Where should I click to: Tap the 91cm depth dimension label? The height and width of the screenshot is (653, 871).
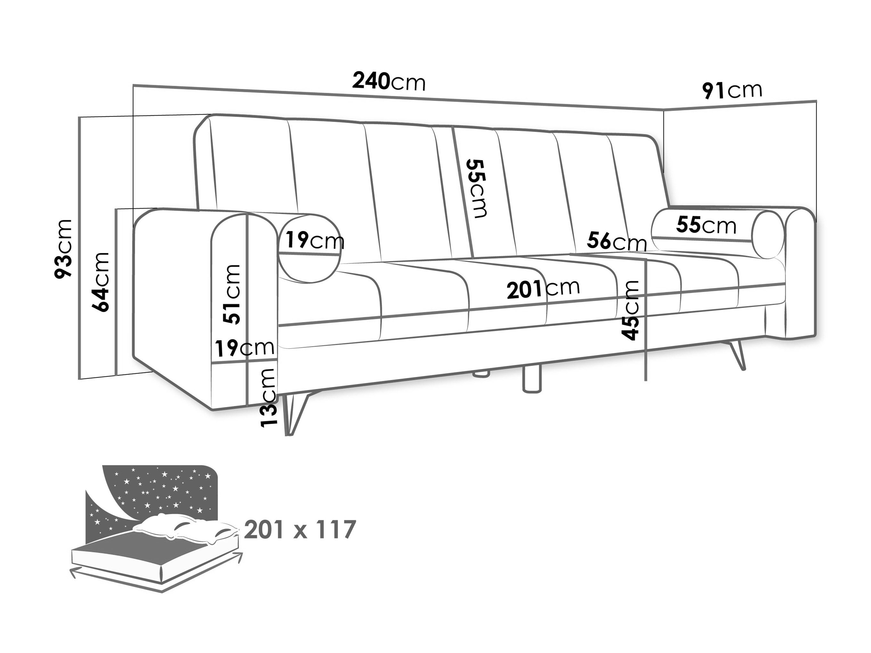pyautogui.click(x=732, y=91)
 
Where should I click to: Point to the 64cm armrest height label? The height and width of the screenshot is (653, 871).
pyautogui.click(x=101, y=282)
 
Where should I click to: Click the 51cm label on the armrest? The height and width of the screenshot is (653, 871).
pyautogui.click(x=231, y=294)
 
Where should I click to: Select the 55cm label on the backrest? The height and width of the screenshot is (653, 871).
pyautogui.click(x=476, y=188)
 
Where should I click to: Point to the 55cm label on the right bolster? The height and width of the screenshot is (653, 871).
pyautogui.click(x=706, y=225)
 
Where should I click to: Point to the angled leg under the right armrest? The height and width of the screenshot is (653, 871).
pyautogui.click(x=735, y=354)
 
